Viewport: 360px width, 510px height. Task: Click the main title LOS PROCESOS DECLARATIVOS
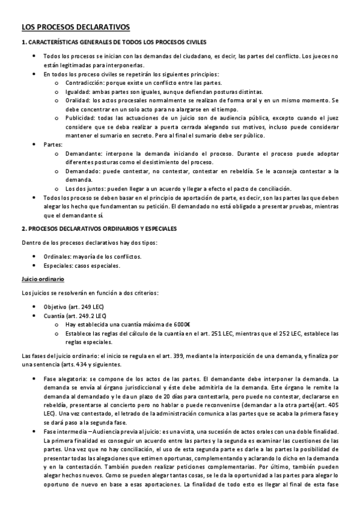pyautogui.click(x=75, y=27)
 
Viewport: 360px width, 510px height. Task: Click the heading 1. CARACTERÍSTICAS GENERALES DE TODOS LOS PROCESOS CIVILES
pyautogui.click(x=114, y=42)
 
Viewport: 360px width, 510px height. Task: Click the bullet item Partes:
pyautogui.click(x=53, y=145)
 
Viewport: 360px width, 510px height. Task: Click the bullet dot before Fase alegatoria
pyautogui.click(x=34, y=379)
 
